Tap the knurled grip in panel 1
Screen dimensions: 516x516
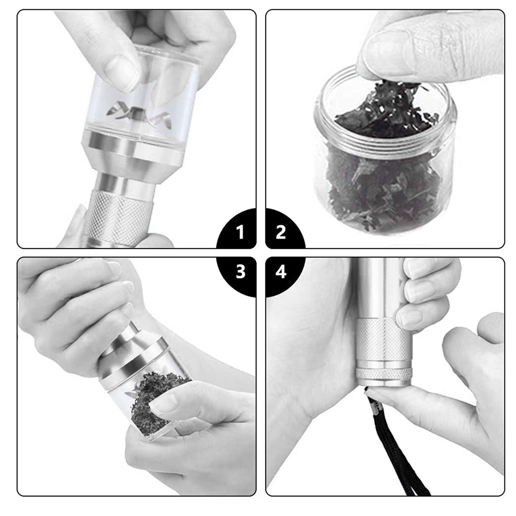coord(117,217)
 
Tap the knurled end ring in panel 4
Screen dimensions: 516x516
coord(384,372)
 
